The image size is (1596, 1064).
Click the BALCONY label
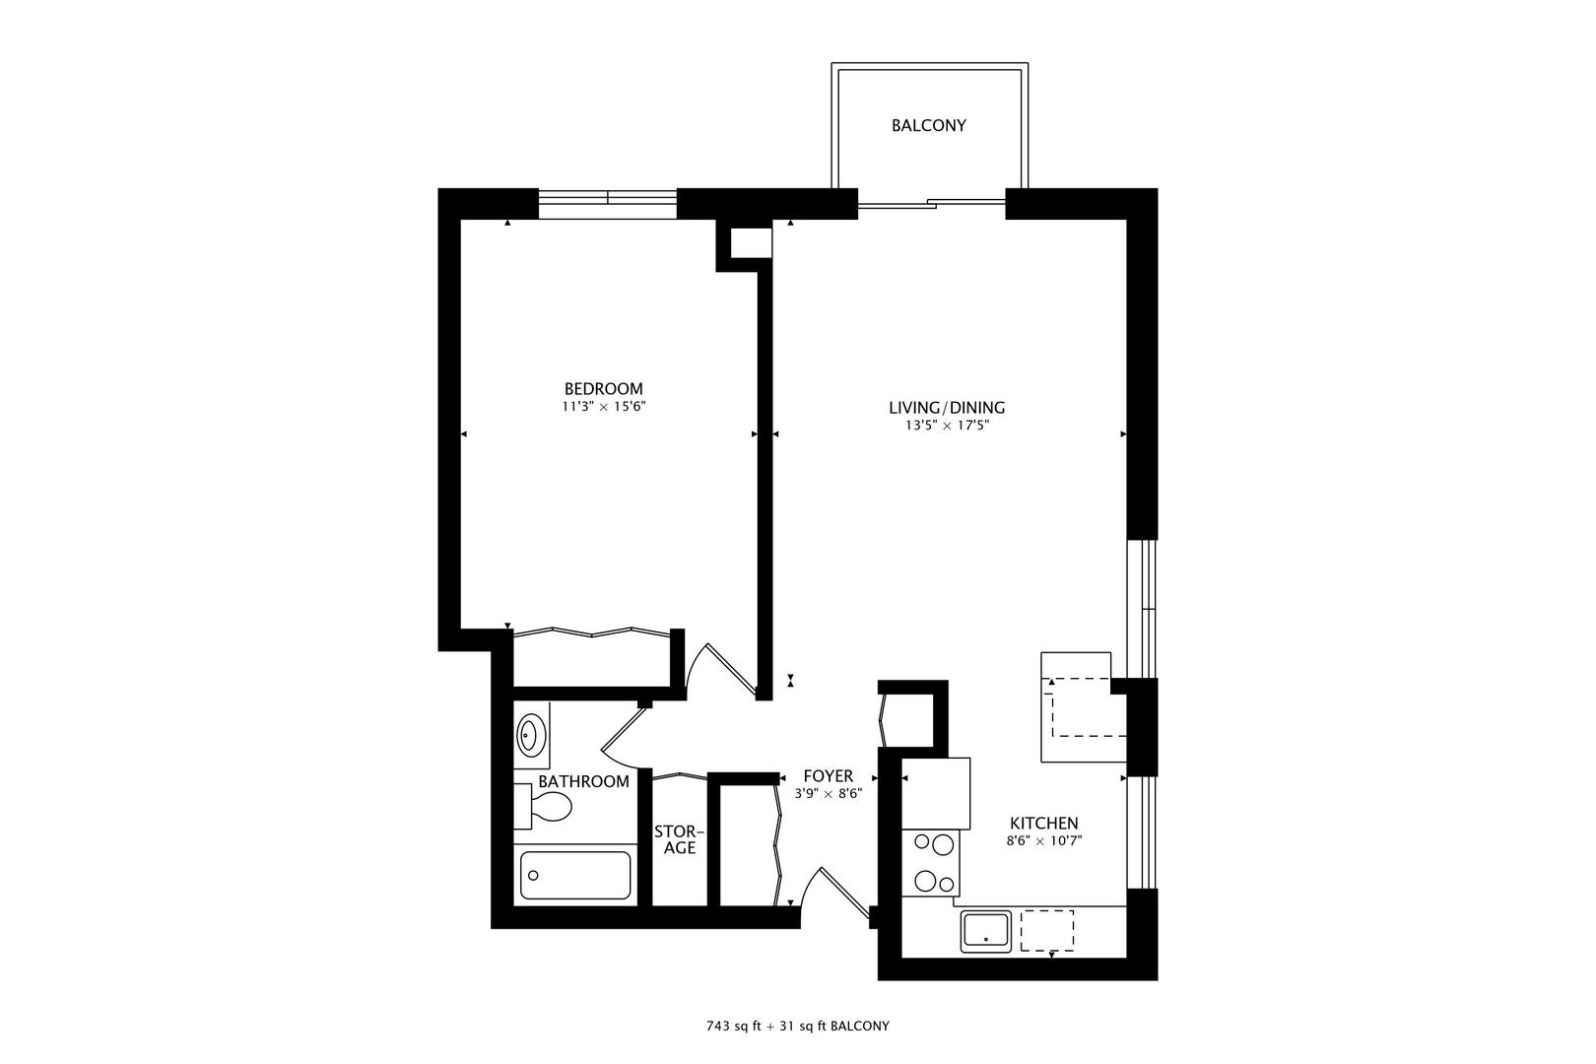point(928,126)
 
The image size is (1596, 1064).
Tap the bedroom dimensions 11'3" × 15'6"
point(603,406)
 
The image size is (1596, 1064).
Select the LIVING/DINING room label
point(946,408)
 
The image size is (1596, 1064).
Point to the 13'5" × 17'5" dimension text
point(946,426)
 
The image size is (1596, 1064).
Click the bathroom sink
point(530,734)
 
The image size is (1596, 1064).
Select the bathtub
point(575,875)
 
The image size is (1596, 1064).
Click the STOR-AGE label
point(679,839)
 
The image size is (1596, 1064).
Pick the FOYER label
point(828,776)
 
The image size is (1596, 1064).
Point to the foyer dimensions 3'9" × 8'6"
point(828,794)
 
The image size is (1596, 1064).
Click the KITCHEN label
point(1043,824)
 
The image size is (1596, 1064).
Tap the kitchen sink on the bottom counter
point(986,931)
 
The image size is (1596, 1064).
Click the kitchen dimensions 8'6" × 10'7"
point(1043,841)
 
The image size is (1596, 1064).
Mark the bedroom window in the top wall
point(607,203)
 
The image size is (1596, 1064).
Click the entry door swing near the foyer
point(828,892)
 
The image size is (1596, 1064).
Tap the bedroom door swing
point(719,670)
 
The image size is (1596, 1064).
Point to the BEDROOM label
point(603,388)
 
